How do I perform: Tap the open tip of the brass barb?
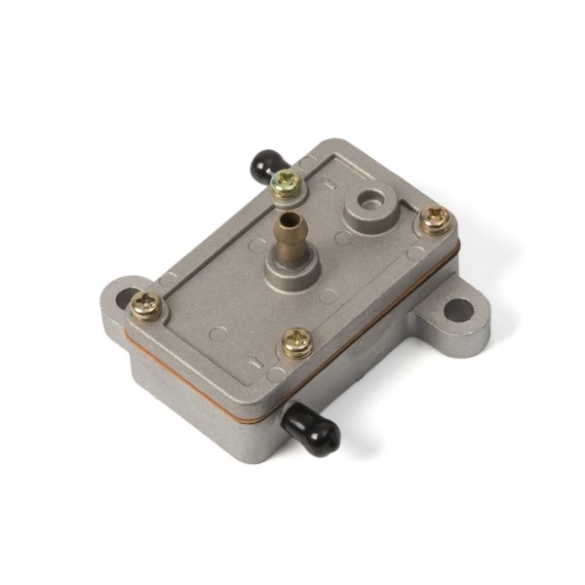285,217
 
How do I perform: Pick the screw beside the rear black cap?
286,182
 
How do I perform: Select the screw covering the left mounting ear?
146,306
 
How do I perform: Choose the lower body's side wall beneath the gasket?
205,409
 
